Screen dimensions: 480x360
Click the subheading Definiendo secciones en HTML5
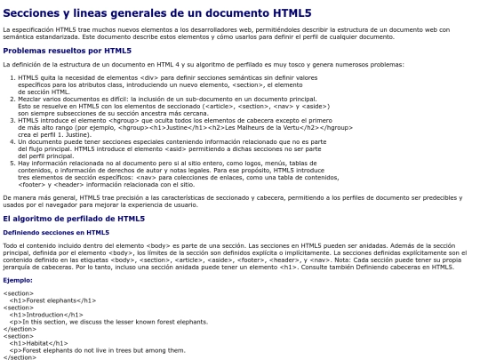click(56, 232)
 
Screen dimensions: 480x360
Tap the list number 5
click(12, 164)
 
